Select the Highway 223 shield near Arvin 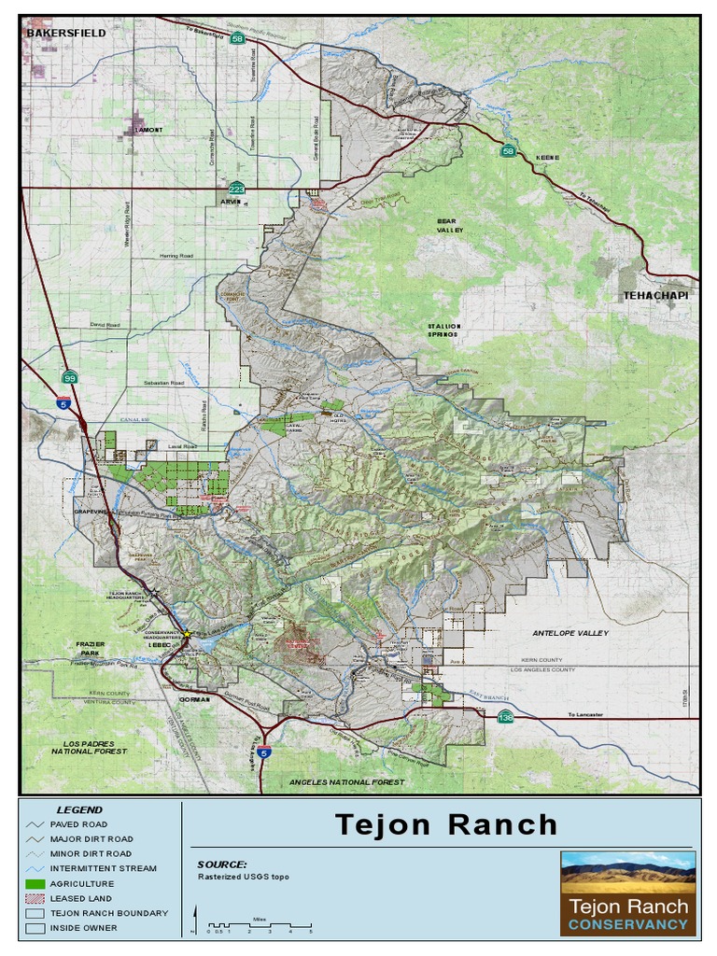(237, 189)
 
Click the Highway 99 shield (69, 377)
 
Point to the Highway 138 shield (505, 717)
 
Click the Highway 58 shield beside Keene (508, 151)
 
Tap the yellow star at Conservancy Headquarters (187, 634)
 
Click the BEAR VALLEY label (450, 225)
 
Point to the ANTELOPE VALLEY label (570, 633)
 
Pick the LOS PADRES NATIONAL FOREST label (90, 747)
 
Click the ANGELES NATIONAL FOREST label (346, 781)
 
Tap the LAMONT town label (148, 130)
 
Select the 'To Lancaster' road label (585, 715)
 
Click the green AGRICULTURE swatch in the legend (36, 883)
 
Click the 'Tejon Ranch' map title (446, 825)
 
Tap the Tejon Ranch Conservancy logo (627, 892)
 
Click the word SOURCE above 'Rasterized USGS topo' (222, 865)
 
